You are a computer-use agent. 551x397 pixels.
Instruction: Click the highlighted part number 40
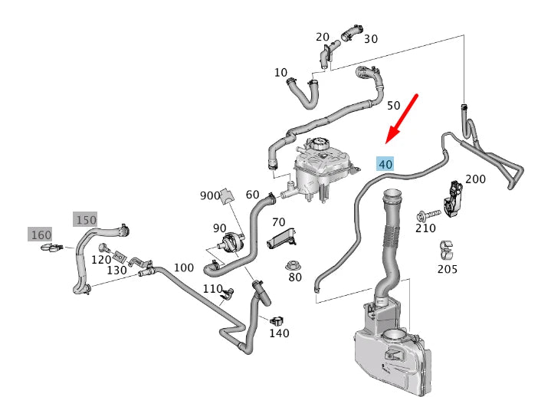click(x=385, y=163)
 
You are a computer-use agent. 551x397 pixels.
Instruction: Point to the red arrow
click(x=402, y=117)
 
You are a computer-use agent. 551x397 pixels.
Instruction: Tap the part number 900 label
click(x=209, y=195)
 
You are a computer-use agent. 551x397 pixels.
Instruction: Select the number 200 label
click(x=476, y=179)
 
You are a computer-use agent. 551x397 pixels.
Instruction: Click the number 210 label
click(x=425, y=228)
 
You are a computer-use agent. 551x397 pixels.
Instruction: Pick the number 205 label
click(x=448, y=269)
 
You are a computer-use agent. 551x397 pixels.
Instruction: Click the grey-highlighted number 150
click(x=86, y=219)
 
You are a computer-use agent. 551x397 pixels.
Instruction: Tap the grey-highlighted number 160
click(x=40, y=234)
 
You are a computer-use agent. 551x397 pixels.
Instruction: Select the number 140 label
click(x=279, y=333)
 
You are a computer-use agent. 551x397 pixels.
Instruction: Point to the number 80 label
click(x=295, y=277)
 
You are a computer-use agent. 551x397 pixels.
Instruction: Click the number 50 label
click(x=394, y=105)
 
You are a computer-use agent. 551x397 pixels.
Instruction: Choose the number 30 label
click(x=370, y=38)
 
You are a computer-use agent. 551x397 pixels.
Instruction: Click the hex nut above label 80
click(x=292, y=265)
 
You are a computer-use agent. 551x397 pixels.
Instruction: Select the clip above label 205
click(x=446, y=249)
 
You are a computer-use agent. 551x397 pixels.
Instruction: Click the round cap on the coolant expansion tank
click(x=319, y=144)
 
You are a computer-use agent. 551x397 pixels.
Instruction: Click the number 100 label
click(x=184, y=267)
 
